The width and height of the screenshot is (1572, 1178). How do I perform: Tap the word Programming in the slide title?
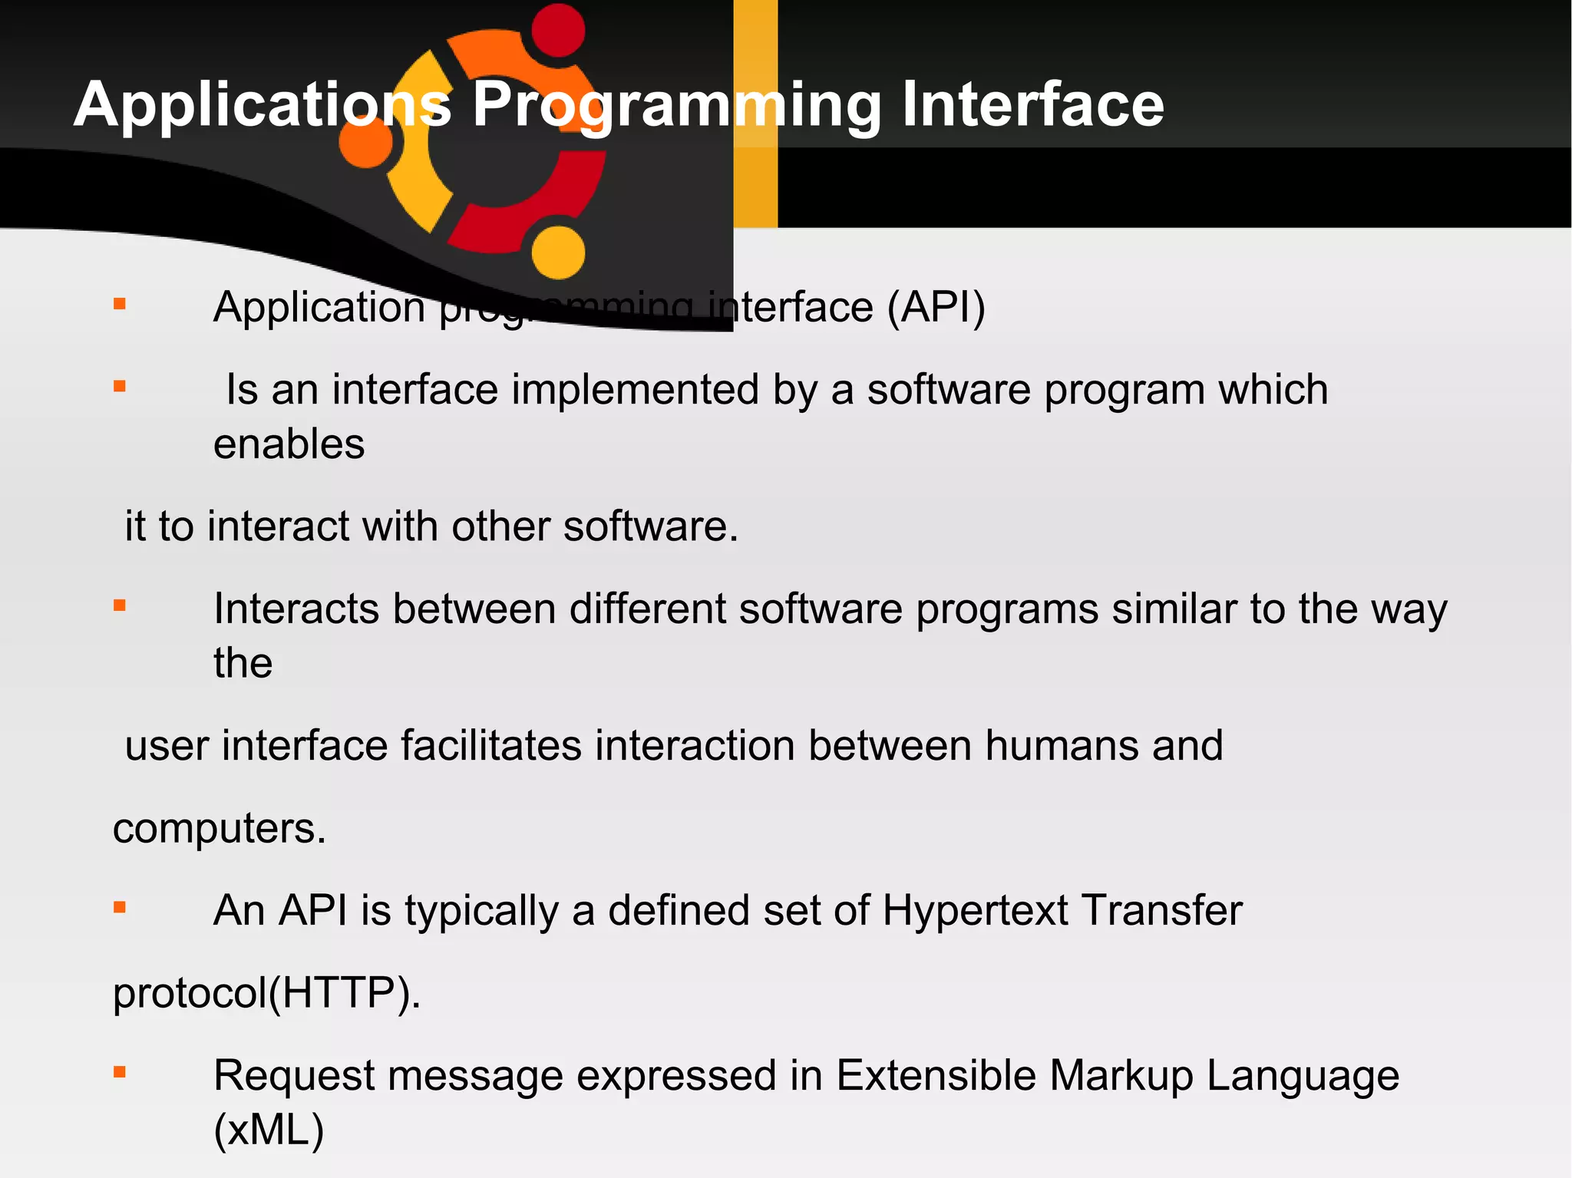(675, 104)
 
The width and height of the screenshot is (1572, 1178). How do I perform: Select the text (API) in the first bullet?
(936, 307)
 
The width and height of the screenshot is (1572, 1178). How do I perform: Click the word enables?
(289, 444)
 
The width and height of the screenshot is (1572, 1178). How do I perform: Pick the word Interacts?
(296, 609)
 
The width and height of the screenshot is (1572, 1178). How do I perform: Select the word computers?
(220, 828)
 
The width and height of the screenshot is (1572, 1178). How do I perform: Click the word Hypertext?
(975, 910)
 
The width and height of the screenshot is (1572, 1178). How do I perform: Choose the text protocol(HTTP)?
(266, 992)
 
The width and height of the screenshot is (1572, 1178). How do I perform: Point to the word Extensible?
(936, 1074)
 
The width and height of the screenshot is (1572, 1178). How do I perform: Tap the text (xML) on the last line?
(269, 1130)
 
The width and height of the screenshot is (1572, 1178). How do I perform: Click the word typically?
(481, 910)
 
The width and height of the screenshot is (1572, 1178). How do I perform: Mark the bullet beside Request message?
(120, 1073)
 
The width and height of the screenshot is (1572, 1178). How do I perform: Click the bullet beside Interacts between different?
(120, 606)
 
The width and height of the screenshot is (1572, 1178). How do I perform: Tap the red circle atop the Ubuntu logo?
(558, 31)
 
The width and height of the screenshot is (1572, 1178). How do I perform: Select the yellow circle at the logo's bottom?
(558, 252)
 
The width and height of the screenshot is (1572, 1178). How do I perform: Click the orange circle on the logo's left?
(366, 142)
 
